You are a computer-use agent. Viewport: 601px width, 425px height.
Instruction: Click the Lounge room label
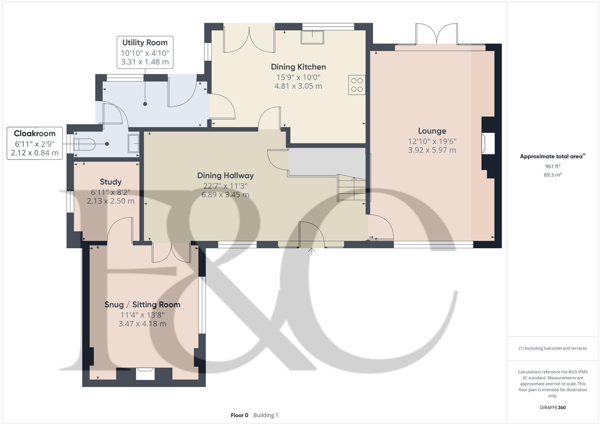(x=432, y=131)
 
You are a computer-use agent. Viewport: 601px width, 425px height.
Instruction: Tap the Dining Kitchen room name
(x=298, y=67)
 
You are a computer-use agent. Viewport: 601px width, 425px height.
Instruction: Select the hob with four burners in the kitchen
(x=357, y=85)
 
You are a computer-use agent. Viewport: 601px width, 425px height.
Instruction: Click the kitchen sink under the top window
(x=312, y=37)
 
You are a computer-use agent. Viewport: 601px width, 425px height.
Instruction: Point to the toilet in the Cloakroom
(x=84, y=144)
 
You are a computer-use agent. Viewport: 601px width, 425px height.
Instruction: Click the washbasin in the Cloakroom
(x=133, y=144)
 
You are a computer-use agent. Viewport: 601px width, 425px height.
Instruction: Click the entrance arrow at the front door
(x=311, y=251)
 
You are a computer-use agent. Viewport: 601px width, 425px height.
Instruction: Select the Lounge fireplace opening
(x=488, y=144)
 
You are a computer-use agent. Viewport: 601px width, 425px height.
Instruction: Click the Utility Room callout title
(x=145, y=42)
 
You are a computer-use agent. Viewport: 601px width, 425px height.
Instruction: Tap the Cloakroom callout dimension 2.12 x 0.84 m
(x=35, y=153)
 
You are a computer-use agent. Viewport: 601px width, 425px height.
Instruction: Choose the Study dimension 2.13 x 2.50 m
(x=111, y=201)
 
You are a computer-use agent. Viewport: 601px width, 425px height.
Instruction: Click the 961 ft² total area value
(x=553, y=166)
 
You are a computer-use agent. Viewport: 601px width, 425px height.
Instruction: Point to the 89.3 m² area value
(x=553, y=175)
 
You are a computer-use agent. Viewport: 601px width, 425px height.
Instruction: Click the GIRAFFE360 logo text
(x=553, y=408)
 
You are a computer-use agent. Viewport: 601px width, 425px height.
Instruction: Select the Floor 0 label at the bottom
(x=239, y=415)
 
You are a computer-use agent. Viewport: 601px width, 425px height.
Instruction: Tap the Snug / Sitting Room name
(x=142, y=305)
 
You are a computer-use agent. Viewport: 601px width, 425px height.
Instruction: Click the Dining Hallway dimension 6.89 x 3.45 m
(x=226, y=194)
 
